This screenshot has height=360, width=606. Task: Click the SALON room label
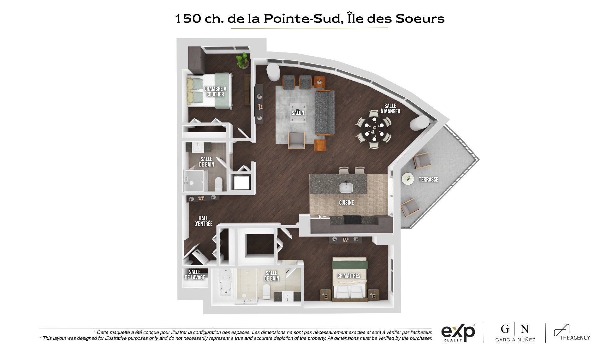coord(298,113)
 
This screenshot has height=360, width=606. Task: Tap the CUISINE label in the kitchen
coord(347,202)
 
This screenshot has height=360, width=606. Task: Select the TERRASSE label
coord(428,179)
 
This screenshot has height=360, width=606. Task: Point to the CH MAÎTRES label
coord(349,276)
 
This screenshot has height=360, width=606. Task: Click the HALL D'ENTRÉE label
coord(203,221)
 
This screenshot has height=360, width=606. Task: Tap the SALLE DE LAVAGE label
coord(195,275)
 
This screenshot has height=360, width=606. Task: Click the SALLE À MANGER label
coord(390,109)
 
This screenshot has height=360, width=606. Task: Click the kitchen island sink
coord(346,188)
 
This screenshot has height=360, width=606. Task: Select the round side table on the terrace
coord(408,179)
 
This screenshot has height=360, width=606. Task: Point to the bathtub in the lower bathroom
coord(226,284)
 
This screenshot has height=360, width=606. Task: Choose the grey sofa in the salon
coord(324,112)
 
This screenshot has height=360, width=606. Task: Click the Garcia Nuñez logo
coord(515,333)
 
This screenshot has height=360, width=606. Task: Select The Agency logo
coord(572,333)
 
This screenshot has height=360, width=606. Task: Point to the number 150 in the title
coord(188,19)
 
